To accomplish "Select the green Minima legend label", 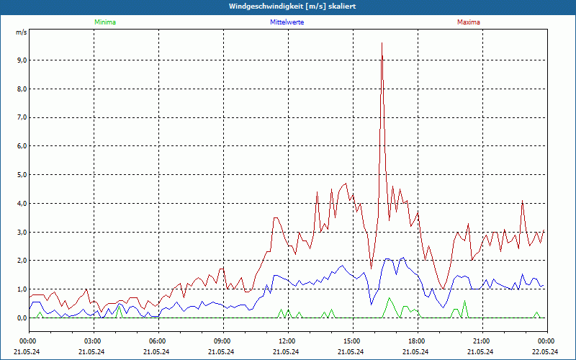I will [x=104, y=22].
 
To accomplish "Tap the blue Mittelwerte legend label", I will [x=287, y=22].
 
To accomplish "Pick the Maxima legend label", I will [x=468, y=22].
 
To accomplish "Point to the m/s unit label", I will [x=22, y=33].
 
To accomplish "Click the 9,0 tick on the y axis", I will [x=21, y=60].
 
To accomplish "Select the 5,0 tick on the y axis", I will [x=21, y=175].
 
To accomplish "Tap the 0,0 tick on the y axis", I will [x=21, y=318].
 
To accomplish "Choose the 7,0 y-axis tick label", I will [x=21, y=117].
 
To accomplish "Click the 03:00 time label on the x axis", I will [x=93, y=341].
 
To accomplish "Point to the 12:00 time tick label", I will [x=287, y=341].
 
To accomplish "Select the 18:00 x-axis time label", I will [x=416, y=341].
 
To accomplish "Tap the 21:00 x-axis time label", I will [x=481, y=341].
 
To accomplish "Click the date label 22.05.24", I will [x=546, y=352].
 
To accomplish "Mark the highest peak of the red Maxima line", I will [x=382, y=43].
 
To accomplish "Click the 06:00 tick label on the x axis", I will [x=158, y=341].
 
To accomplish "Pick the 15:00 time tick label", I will [x=351, y=341].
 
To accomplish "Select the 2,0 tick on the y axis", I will [x=21, y=261].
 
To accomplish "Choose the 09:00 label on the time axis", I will [x=222, y=341].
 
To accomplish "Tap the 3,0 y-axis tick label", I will [x=21, y=232].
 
